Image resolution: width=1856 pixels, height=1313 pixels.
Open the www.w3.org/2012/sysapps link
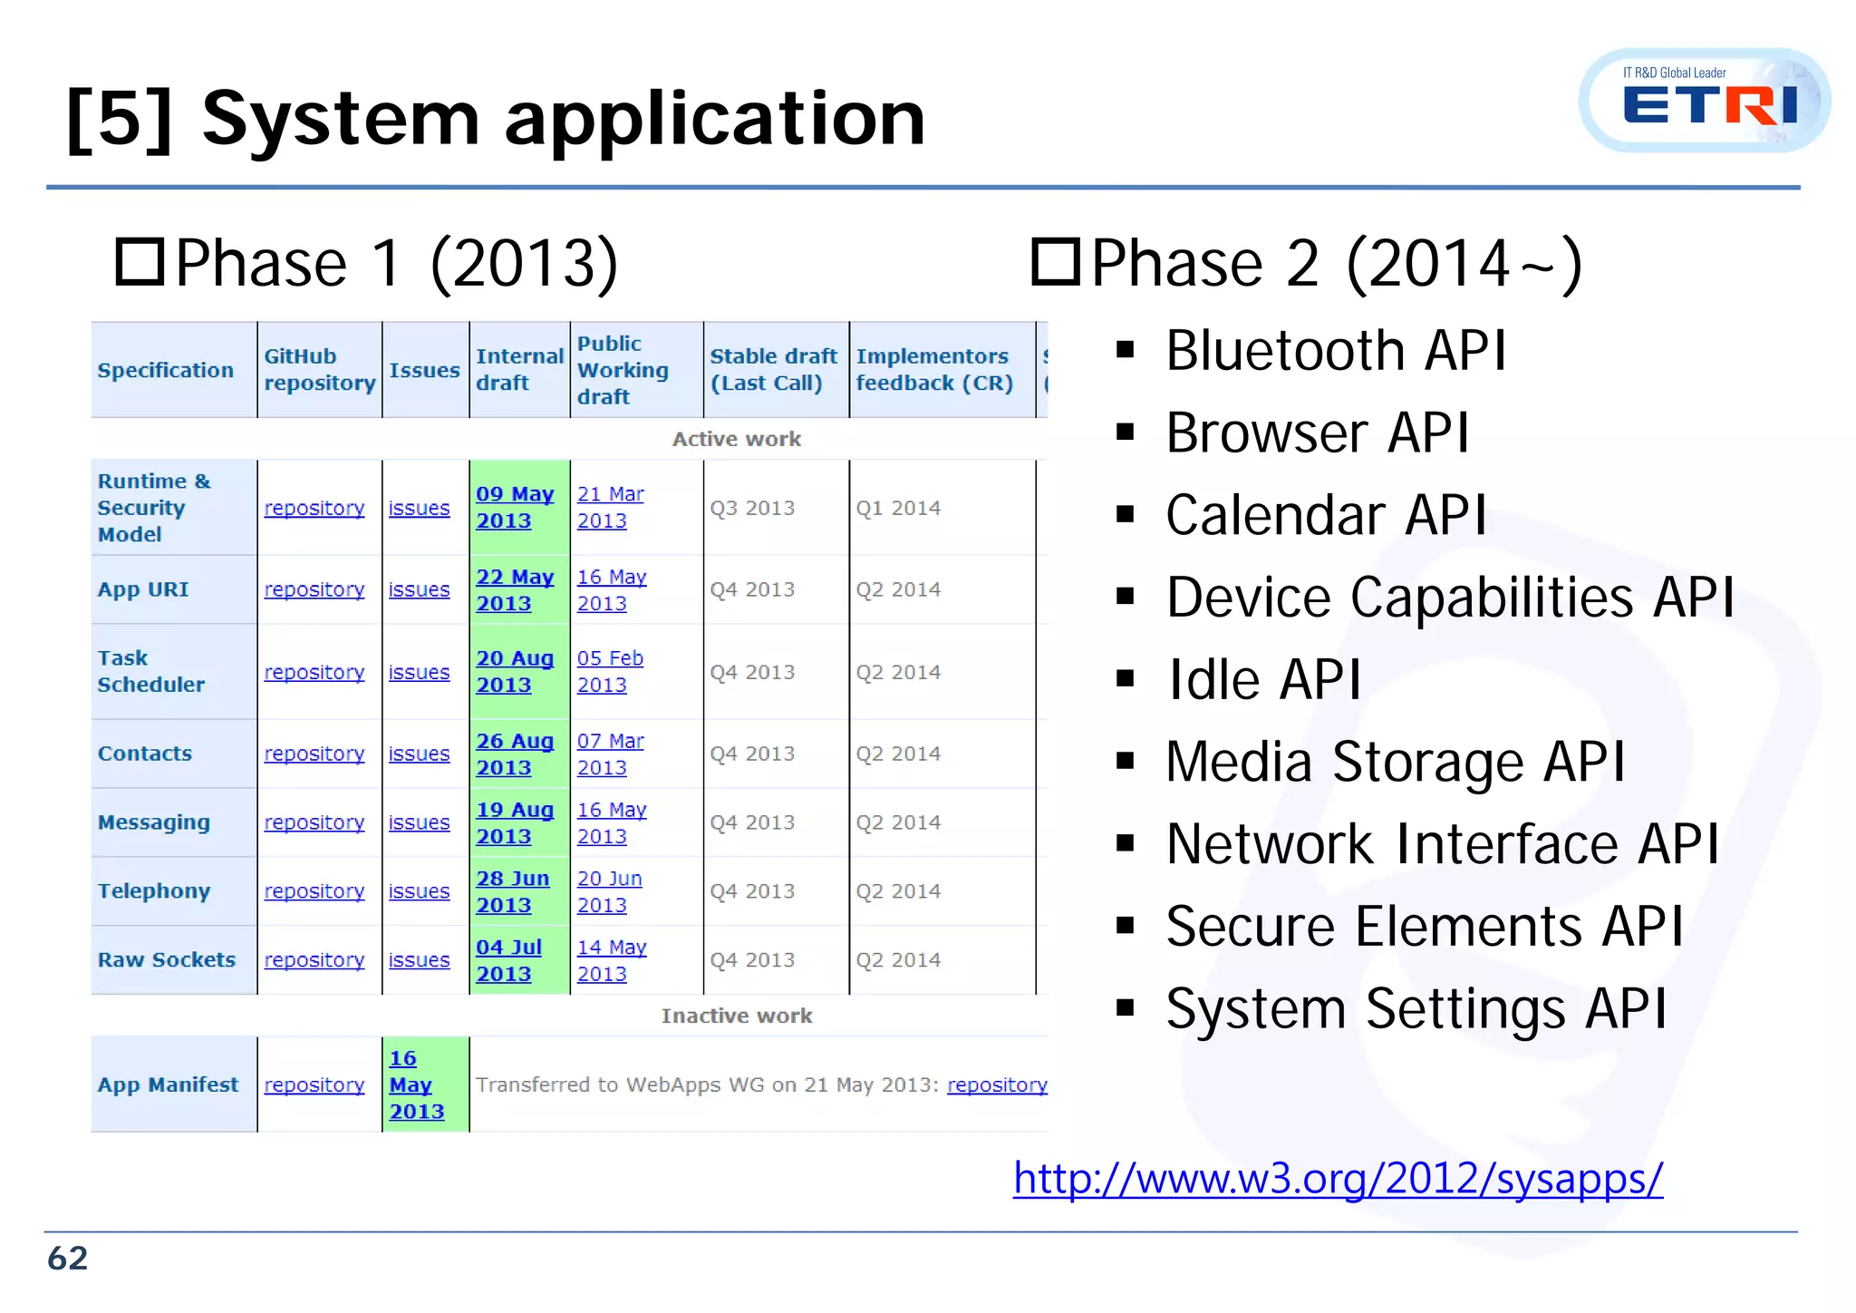click(1338, 1179)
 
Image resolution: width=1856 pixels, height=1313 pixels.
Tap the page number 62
click(68, 1259)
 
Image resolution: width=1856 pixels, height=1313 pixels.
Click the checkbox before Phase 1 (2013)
click(140, 262)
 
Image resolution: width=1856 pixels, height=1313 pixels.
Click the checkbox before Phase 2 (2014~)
click(1056, 262)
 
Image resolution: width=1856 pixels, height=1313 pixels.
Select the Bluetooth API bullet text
click(1336, 351)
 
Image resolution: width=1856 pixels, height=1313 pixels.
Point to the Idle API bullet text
click(1263, 680)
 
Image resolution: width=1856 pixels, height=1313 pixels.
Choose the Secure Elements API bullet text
click(1424, 927)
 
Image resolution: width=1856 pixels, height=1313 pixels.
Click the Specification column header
click(166, 370)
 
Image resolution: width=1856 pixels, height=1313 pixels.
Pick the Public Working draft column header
click(623, 370)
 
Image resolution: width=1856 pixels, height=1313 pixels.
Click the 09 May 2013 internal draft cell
click(514, 508)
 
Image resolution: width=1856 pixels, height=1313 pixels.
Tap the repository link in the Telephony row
click(314, 891)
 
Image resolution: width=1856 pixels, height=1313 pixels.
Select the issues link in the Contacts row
click(419, 754)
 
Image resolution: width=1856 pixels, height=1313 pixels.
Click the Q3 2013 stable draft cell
click(752, 508)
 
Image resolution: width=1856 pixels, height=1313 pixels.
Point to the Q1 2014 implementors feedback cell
click(898, 508)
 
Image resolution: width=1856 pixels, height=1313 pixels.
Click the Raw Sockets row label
click(167, 959)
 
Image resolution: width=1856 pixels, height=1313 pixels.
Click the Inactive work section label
click(736, 1016)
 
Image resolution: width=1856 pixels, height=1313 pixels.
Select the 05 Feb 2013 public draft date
click(609, 672)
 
